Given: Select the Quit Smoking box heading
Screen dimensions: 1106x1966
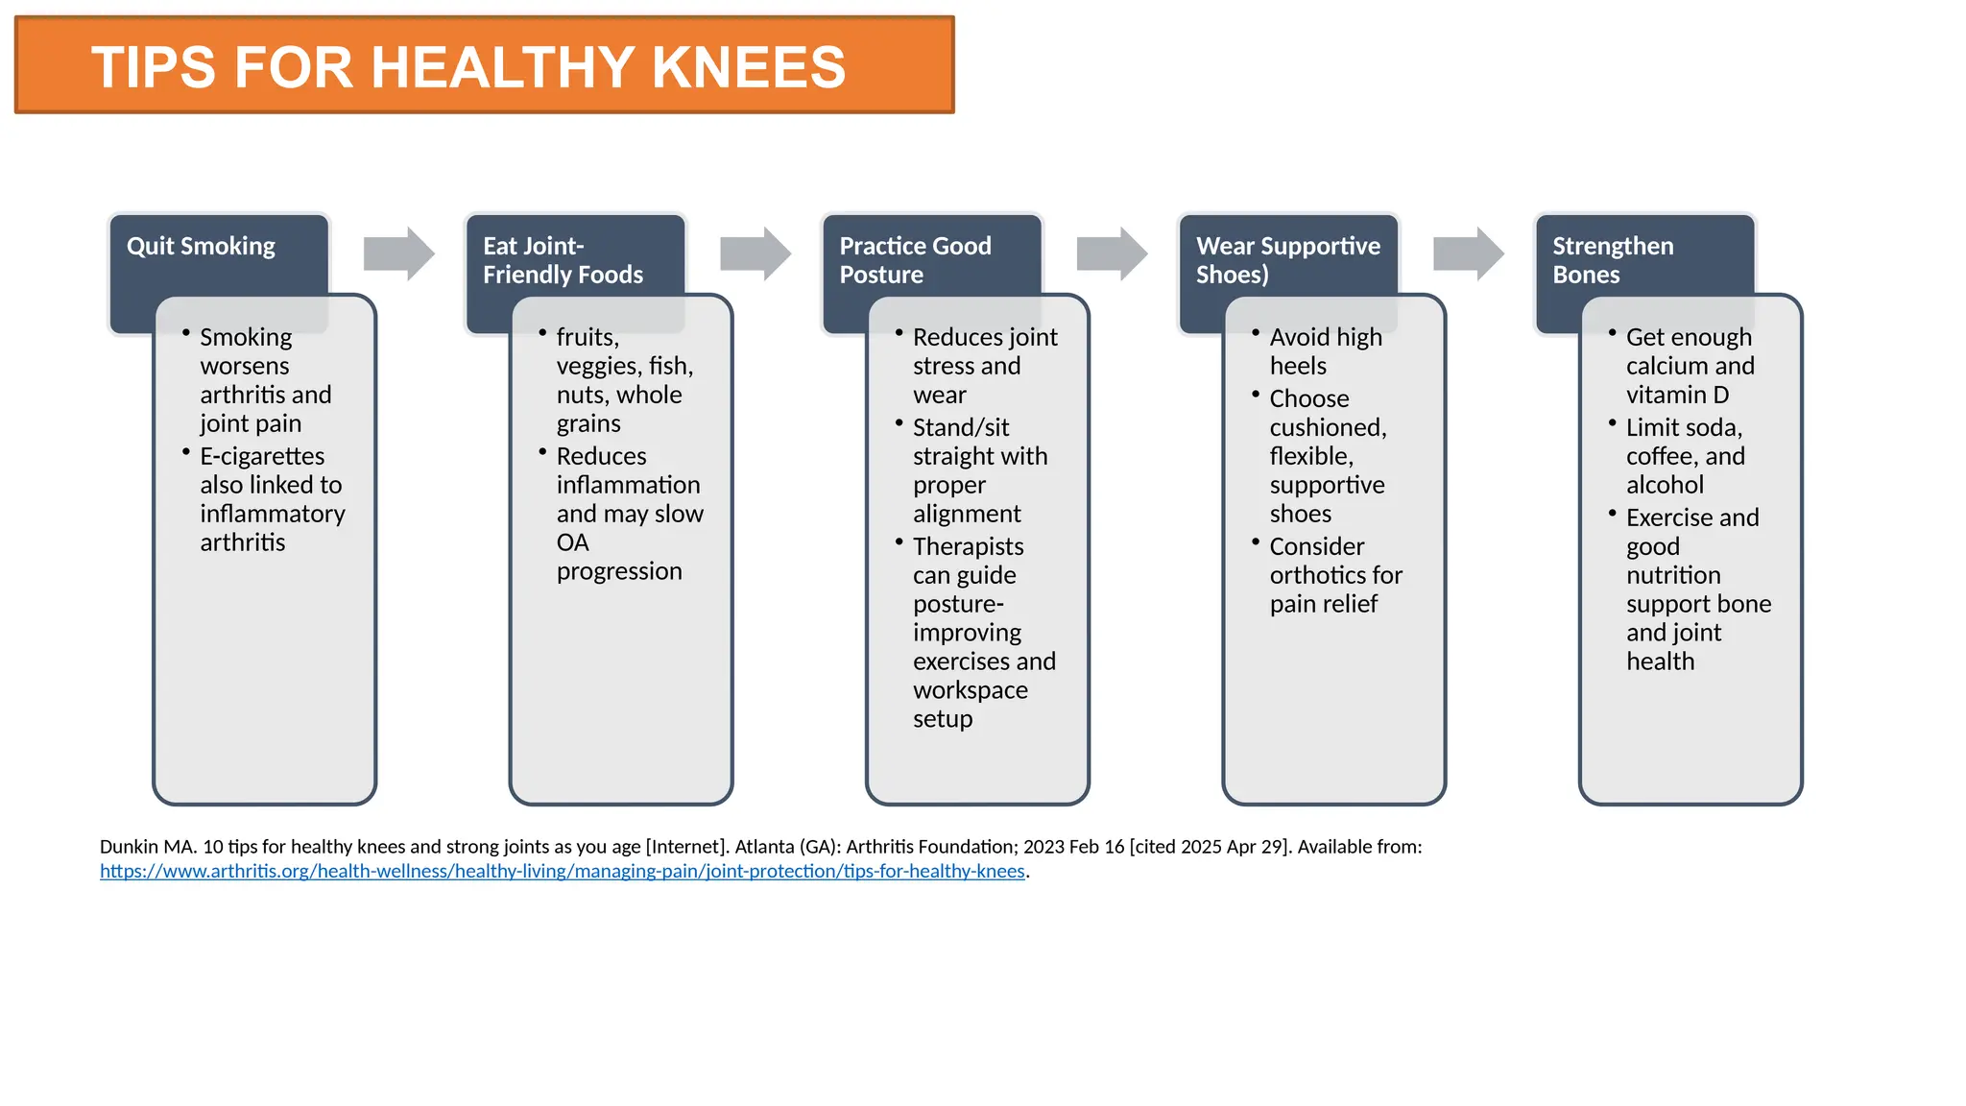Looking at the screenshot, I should click(x=201, y=247).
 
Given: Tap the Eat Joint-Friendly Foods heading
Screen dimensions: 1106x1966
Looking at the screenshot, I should click(x=563, y=260).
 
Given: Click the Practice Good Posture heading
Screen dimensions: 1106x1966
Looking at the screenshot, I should click(x=915, y=260).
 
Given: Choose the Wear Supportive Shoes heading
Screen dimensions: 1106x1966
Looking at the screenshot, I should click(x=1287, y=260).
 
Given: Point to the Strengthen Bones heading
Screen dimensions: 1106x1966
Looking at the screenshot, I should click(x=1613, y=260).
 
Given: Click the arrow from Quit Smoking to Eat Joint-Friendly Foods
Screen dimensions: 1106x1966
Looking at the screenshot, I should click(x=398, y=254).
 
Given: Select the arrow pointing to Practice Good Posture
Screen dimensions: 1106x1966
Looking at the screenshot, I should click(x=755, y=254).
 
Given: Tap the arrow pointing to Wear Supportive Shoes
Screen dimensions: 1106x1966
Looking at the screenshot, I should click(x=1112, y=254).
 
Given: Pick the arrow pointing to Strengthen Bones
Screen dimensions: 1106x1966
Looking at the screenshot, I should click(x=1468, y=254).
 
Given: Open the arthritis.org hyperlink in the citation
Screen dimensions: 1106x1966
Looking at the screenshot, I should click(x=563, y=872).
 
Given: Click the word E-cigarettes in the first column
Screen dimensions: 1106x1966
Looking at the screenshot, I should click(x=262, y=457).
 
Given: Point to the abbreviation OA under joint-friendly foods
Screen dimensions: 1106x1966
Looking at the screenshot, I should click(x=572, y=543).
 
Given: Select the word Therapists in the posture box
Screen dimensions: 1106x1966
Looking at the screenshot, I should click(x=968, y=547).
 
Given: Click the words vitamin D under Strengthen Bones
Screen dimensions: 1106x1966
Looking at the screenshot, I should click(x=1677, y=396).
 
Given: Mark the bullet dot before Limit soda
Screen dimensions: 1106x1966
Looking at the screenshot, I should click(x=1612, y=423).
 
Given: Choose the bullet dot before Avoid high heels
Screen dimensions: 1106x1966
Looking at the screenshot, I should click(x=1255, y=333).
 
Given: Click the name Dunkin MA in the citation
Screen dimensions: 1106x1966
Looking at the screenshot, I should click(x=148, y=847).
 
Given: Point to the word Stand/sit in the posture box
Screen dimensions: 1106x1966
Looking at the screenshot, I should click(x=961, y=428).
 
